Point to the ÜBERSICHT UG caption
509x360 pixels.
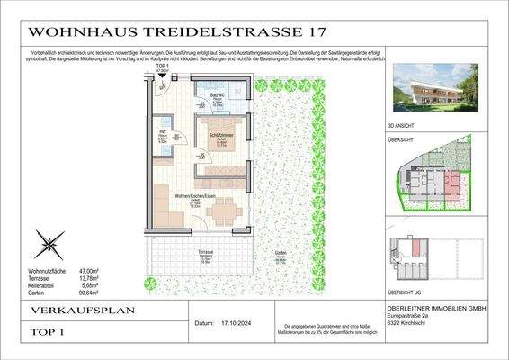click(x=417, y=292)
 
